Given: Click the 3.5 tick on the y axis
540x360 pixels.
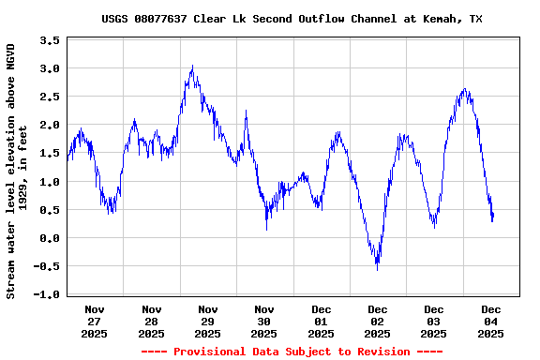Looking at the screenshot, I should pos(50,40).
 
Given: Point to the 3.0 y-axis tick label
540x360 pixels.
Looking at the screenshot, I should pos(50,68).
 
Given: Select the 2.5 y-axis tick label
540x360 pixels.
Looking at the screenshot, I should pos(50,97).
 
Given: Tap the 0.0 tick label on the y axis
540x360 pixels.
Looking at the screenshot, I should pos(50,238).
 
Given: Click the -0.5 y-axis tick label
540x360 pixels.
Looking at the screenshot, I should pos(47,266).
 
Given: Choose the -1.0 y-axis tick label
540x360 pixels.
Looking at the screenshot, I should pos(47,294).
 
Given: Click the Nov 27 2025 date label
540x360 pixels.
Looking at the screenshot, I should pos(95,321).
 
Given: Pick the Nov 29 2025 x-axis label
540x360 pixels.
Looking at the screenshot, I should pos(208,321).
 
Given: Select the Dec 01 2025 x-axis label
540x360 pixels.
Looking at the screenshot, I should pos(321,321).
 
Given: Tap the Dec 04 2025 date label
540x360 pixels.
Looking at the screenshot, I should pos(491,321).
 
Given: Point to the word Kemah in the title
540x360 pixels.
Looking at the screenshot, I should pos(440,19).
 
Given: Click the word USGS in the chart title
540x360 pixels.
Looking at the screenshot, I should pos(116,19).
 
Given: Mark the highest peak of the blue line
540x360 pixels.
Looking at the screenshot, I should pos(192,66).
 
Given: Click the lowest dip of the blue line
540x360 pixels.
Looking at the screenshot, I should pos(378,269).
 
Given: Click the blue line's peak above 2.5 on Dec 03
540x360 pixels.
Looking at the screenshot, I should pos(465,89).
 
